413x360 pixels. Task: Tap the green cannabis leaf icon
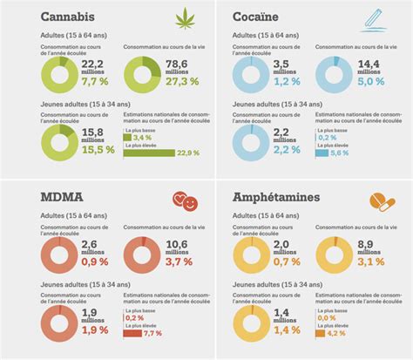(185, 17)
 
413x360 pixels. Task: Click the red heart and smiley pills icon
(184, 202)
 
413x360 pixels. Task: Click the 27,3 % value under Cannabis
(178, 80)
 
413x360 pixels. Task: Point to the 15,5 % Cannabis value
(98, 150)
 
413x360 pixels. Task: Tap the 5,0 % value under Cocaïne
(369, 81)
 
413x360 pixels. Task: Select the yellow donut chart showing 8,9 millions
(335, 255)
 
